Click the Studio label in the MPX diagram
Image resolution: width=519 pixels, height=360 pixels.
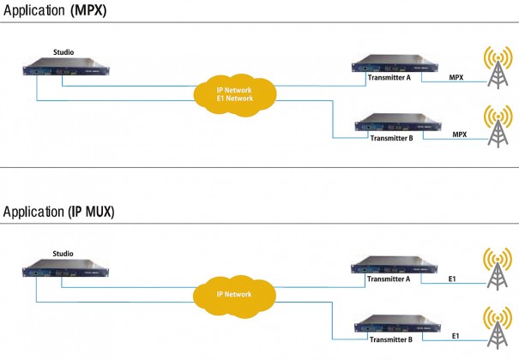(63, 52)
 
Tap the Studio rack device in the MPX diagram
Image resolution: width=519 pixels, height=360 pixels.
(66, 67)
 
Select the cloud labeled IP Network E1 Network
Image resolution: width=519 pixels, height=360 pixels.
(235, 95)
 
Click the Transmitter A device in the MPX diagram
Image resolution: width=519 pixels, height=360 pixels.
(395, 63)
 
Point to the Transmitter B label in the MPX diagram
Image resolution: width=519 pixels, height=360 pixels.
(391, 138)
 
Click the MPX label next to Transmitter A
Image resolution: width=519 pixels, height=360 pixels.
(456, 77)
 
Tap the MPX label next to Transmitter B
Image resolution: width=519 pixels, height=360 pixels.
(460, 135)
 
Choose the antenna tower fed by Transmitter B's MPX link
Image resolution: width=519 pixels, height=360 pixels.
(498, 126)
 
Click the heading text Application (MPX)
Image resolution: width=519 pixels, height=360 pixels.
(55, 10)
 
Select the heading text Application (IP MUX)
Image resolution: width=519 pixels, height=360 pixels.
(58, 212)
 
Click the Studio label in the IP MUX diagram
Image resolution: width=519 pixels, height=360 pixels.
(63, 254)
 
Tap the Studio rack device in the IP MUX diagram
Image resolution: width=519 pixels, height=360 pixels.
(65, 268)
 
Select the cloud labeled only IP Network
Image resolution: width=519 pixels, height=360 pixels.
(234, 297)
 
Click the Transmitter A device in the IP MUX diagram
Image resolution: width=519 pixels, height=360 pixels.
(395, 265)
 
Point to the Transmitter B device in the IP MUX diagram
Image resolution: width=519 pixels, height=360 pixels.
(397, 324)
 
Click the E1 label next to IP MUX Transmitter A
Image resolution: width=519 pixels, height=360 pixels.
(452, 279)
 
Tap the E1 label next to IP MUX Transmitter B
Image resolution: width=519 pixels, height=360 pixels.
(456, 336)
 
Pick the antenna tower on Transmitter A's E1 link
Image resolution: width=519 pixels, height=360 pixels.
(498, 269)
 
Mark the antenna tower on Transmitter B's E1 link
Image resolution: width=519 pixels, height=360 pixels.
(498, 328)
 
